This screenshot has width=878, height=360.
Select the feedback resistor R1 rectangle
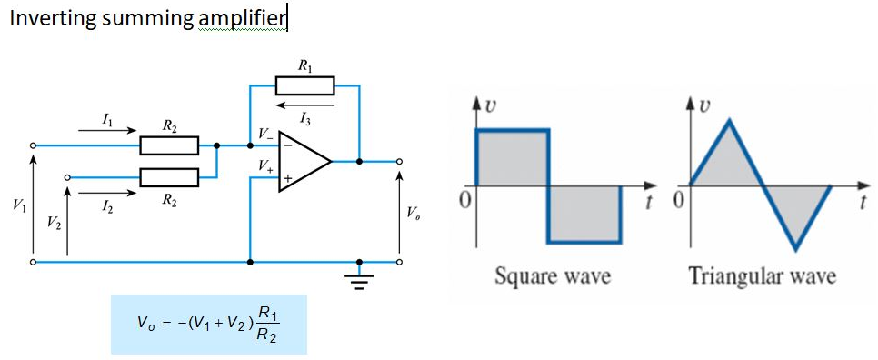point(304,86)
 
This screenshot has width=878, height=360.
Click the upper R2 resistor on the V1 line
point(169,145)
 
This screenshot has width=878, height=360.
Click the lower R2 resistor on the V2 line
point(169,176)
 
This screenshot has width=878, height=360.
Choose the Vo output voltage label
point(414,214)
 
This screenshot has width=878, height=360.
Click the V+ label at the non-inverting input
point(264,165)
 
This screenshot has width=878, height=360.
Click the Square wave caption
point(552,275)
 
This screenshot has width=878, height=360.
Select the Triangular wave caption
point(762,275)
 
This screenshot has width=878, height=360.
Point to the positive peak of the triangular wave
point(728,121)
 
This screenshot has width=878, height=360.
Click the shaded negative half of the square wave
point(584,214)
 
